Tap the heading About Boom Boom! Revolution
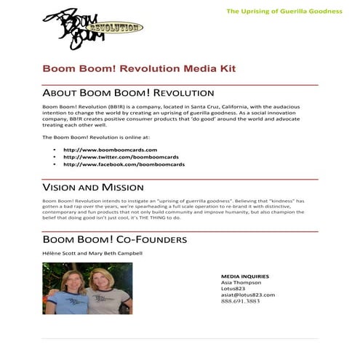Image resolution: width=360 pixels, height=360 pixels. pos(128,94)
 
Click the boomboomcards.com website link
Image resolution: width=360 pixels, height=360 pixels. pos(111,149)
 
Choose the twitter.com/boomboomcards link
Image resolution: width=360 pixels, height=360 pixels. pos(120,157)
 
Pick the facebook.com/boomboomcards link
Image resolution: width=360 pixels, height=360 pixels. pos(124,164)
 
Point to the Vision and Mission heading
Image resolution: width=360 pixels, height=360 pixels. pos(97,187)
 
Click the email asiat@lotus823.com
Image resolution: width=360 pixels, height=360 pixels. pos(248,295)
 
